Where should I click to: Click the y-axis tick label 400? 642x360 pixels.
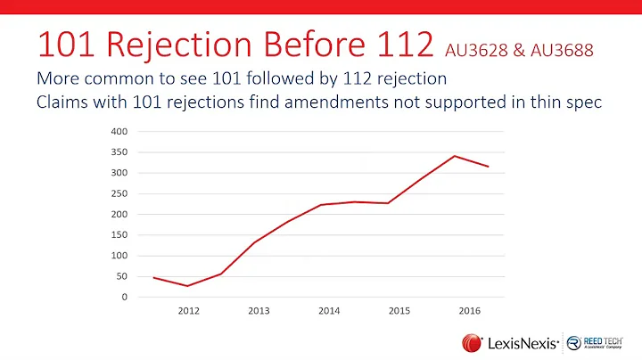(x=119, y=131)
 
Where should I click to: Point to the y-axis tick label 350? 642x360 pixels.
(x=119, y=151)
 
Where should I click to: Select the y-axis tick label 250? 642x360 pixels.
(x=119, y=193)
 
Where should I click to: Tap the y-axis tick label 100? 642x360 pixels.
(x=119, y=256)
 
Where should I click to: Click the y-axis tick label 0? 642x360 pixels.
(x=125, y=297)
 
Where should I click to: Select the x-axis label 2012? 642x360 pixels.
(x=188, y=312)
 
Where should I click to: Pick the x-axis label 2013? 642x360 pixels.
(x=259, y=312)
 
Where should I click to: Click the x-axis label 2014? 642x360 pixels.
(x=329, y=312)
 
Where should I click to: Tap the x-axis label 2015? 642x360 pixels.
(x=399, y=312)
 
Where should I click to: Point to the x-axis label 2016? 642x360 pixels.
(x=470, y=312)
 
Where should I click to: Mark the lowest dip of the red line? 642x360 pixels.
(x=188, y=286)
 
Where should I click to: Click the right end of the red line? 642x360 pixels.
(x=489, y=167)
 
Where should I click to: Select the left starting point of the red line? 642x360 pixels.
(x=153, y=277)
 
